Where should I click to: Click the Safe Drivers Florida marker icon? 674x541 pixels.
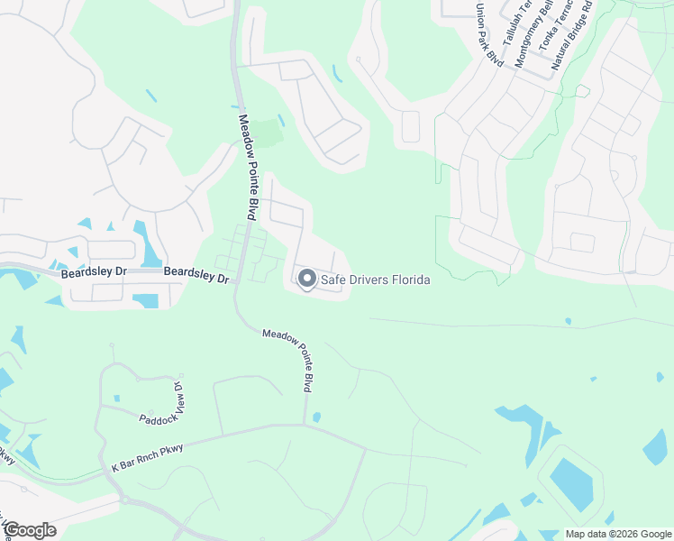click(305, 280)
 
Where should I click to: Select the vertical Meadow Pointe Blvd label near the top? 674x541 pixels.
click(246, 167)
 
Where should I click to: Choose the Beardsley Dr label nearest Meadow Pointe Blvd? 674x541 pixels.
click(196, 275)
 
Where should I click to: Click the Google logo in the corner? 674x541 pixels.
click(30, 529)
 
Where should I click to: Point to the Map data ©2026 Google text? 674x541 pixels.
click(617, 534)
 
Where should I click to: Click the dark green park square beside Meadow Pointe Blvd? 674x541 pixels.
click(266, 135)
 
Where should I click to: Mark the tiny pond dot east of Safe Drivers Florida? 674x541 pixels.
click(568, 320)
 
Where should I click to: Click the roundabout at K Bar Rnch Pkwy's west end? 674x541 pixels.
click(123, 499)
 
